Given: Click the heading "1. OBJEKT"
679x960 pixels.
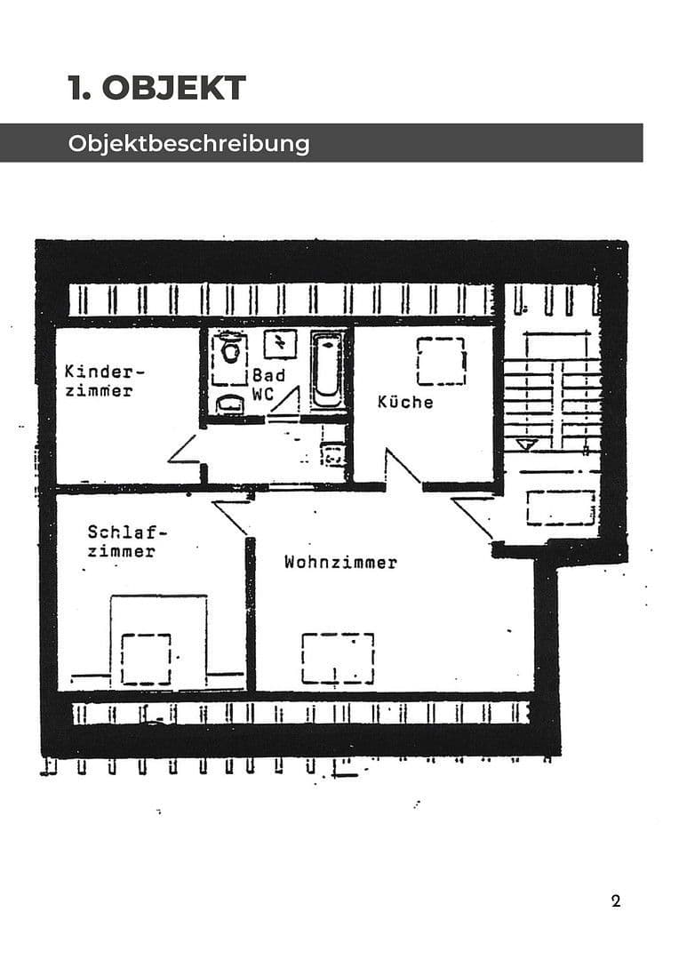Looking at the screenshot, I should pyautogui.click(x=156, y=88).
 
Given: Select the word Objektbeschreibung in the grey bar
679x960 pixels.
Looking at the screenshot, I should pyautogui.click(x=188, y=143).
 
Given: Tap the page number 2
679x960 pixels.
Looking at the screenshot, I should pyautogui.click(x=616, y=900).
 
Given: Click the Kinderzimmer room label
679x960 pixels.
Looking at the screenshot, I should pyautogui.click(x=103, y=380).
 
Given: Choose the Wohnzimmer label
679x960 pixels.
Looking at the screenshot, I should pyautogui.click(x=340, y=562).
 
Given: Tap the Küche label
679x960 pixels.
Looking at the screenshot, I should pyautogui.click(x=405, y=402).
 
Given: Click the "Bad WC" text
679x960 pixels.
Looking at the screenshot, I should pyautogui.click(x=268, y=385).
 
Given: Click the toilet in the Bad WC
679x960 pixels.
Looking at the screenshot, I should pyautogui.click(x=231, y=350).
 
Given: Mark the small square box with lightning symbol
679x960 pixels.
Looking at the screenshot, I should pyautogui.click(x=280, y=342).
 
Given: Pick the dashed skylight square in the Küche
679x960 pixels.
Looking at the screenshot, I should pyautogui.click(x=441, y=361).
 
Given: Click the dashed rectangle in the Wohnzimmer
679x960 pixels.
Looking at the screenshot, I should pyautogui.click(x=338, y=658).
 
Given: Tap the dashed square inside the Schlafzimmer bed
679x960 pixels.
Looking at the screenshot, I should pyautogui.click(x=146, y=659).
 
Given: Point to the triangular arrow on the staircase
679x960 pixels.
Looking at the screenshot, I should pyautogui.click(x=526, y=443).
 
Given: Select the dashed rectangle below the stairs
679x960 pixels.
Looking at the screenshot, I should pyautogui.click(x=560, y=508).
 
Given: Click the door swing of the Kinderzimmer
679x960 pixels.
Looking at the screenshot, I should pyautogui.click(x=187, y=450).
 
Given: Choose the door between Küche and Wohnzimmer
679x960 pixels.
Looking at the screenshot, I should pyautogui.click(x=402, y=468).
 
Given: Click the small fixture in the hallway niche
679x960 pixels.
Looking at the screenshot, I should pyautogui.click(x=334, y=455).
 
